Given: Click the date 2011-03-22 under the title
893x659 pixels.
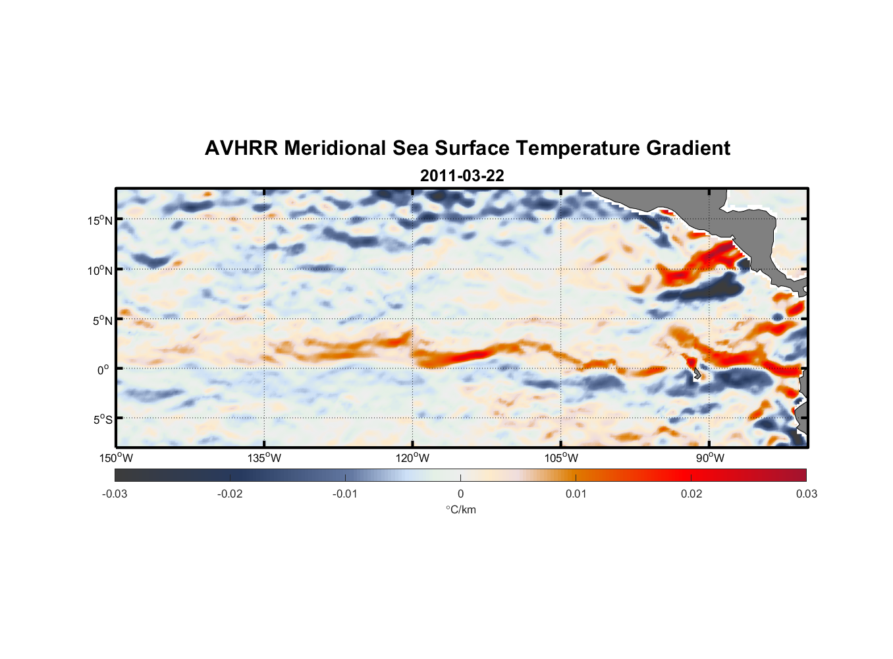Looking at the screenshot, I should pos(462,176).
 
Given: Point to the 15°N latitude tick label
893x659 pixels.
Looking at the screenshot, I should pos(99,220).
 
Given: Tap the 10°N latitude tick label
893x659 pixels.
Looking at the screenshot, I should pos(99,270).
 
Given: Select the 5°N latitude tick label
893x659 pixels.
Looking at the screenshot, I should pos(102,320).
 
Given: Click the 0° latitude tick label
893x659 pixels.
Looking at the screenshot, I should pos(103,370).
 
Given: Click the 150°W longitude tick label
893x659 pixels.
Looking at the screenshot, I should pos(116,458).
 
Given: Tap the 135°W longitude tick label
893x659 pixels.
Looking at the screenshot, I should pos(264,458).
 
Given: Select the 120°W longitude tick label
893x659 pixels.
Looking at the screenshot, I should pos(412,458).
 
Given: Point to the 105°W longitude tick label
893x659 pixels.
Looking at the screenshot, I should pos(561,458).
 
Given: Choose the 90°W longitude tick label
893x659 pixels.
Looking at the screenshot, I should pos(710,458).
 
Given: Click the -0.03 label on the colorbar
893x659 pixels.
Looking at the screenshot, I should pos(115,494).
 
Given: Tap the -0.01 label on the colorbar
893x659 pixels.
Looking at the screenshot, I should pos(345,494).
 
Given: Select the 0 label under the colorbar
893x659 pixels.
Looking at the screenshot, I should pos(460,494).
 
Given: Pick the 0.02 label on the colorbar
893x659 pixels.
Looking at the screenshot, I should pos(691,494).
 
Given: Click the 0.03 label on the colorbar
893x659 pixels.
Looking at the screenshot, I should pos(806,494).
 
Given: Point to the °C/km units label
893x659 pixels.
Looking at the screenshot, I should pos(460,509).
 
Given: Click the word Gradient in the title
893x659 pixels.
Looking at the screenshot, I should pos(688,148).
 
